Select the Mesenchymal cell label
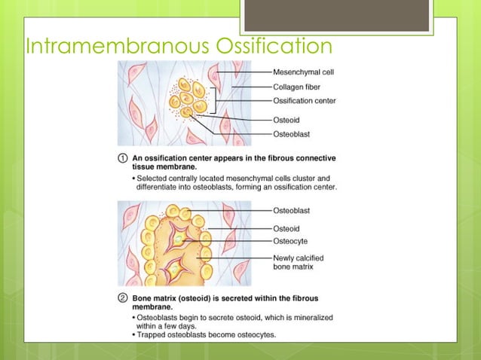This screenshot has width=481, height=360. click(x=303, y=72)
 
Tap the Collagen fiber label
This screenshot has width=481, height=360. click(x=297, y=87)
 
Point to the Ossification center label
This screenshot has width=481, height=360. click(x=304, y=100)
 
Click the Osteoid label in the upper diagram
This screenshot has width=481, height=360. click(x=286, y=119)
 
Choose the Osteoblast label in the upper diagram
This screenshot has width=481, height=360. click(x=290, y=133)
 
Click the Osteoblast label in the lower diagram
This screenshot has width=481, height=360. click(x=290, y=210)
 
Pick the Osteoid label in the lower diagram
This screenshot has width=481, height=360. click(x=286, y=228)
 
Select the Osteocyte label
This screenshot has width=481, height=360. click(x=290, y=241)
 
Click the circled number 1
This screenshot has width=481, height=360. click(x=122, y=159)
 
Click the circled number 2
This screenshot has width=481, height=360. click(x=122, y=300)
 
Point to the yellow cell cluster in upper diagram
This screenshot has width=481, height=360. click(x=188, y=98)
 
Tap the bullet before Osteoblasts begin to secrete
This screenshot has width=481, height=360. click(x=134, y=318)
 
